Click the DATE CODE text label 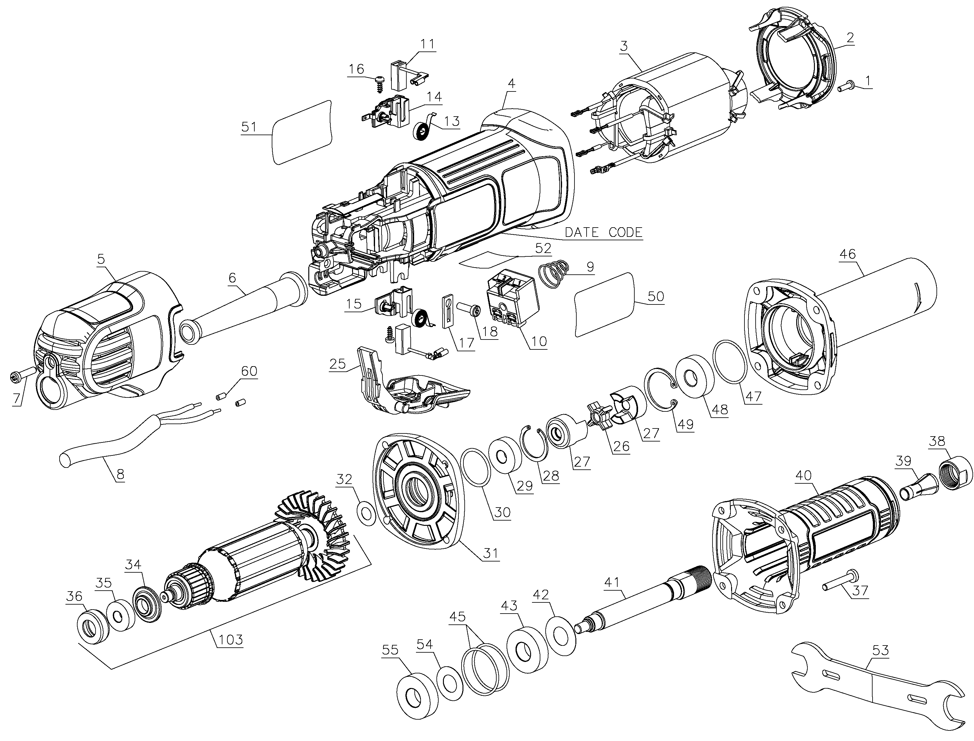coord(603,233)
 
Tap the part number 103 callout coord(231,639)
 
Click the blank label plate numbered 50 coord(605,305)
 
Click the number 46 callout coord(847,254)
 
